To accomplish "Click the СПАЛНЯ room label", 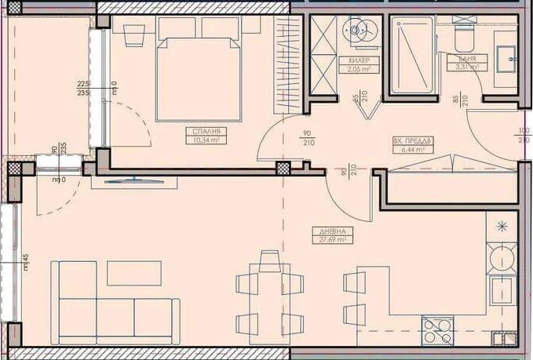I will click(x=203, y=132).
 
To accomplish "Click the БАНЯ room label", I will click(x=459, y=59).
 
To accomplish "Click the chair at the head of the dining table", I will click(x=269, y=260).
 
